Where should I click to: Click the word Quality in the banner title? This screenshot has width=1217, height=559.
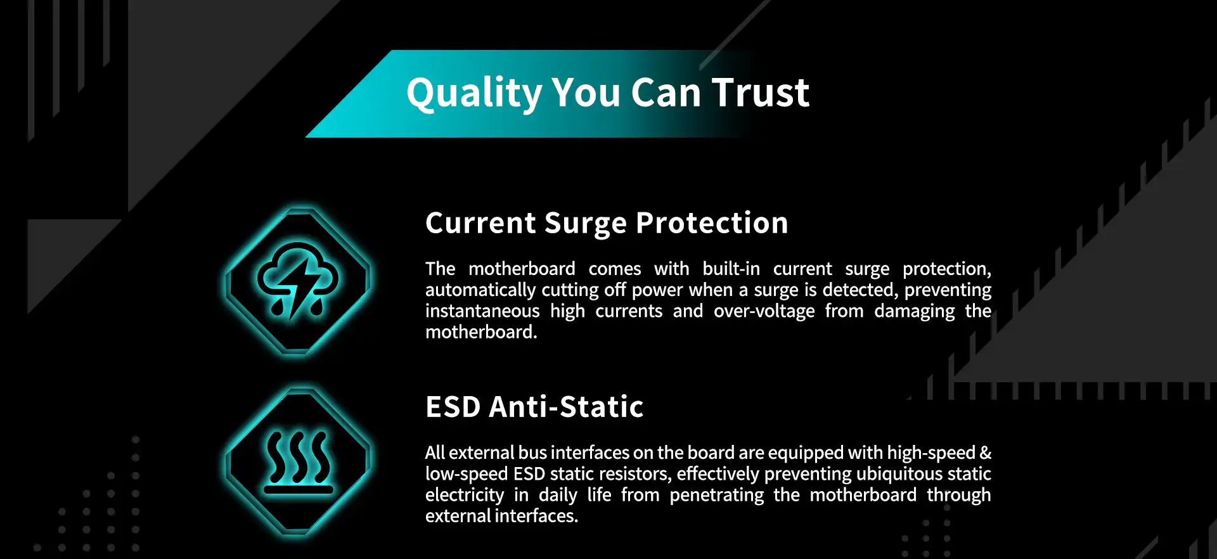coord(474,93)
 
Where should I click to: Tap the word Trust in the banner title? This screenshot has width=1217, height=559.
coord(761,93)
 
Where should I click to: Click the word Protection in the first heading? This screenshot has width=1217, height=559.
coord(712,223)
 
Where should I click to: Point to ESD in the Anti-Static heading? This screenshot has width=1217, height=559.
coord(453,407)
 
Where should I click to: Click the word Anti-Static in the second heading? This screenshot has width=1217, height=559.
coord(566,407)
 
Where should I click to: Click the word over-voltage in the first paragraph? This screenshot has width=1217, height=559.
coord(764,311)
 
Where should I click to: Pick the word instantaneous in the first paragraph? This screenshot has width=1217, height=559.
coord(482,311)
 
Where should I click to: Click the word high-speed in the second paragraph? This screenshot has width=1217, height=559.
coord(930,453)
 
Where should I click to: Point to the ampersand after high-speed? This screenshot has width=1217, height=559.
coord(986,453)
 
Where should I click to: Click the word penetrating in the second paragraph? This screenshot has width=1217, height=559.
coord(716,495)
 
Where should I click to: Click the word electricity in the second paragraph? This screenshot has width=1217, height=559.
coord(464,495)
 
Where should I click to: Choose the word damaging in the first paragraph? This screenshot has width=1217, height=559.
coord(914,311)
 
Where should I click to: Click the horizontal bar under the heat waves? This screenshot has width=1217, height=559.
coord(298,490)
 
